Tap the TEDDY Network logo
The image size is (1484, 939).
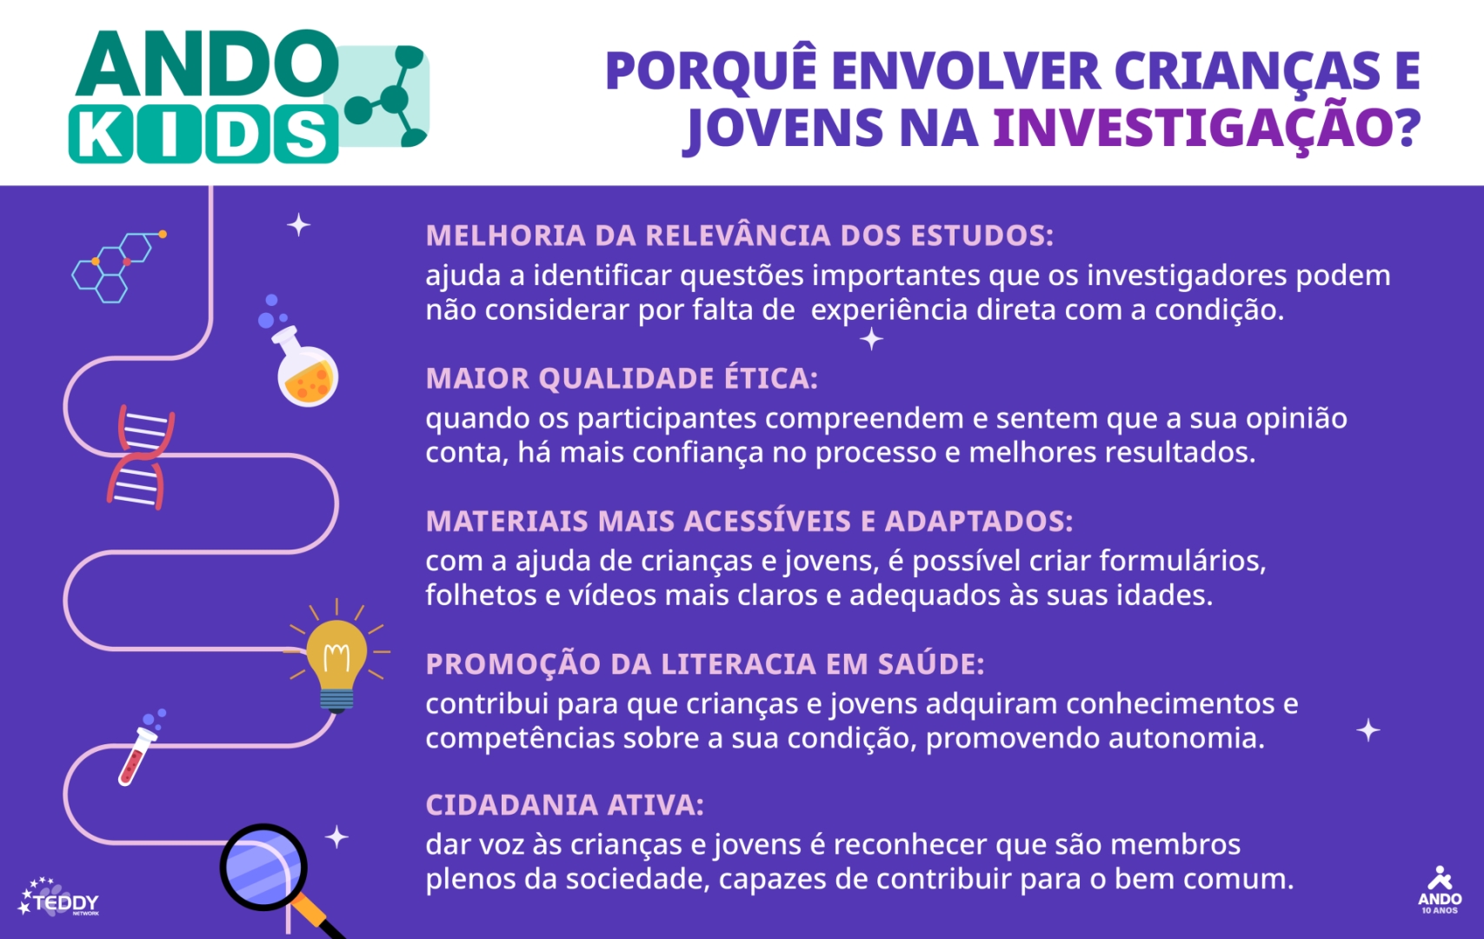click(x=59, y=898)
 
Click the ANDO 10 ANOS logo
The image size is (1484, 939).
click(x=1440, y=890)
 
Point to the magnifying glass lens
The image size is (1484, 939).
click(x=263, y=867)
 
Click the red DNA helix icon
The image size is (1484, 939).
click(x=141, y=457)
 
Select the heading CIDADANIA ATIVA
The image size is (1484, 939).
click(x=564, y=805)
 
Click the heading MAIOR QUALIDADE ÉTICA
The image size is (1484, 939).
click(x=622, y=378)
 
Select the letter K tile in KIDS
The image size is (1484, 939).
click(x=101, y=134)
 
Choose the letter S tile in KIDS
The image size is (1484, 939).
click(x=305, y=134)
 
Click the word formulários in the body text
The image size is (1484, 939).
click(x=1182, y=562)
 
